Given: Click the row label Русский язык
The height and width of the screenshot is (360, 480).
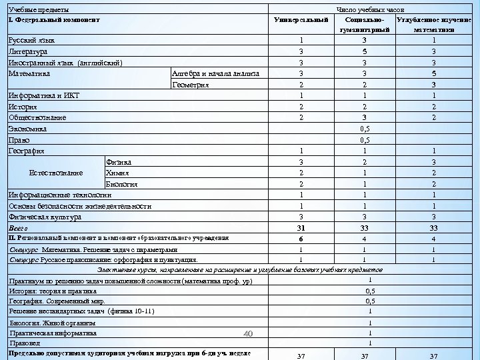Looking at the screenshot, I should click(x=31, y=40).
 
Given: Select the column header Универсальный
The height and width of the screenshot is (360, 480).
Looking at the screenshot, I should click(x=301, y=20).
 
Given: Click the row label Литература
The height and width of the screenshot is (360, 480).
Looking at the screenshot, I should click(x=27, y=51).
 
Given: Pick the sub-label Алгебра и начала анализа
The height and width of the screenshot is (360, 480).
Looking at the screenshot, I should click(x=216, y=73).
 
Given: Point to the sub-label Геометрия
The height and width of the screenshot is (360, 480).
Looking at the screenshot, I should click(x=191, y=85).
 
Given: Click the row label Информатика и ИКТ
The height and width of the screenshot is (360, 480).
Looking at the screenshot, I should click(x=43, y=96).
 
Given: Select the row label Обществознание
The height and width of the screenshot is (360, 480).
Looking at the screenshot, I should click(x=37, y=118).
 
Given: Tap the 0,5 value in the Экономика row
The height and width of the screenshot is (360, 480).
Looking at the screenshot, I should click(x=365, y=129).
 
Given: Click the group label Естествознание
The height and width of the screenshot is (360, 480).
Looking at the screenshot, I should click(x=56, y=173).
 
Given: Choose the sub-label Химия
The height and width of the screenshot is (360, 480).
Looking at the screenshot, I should click(x=117, y=173).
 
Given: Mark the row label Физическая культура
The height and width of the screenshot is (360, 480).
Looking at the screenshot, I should click(x=45, y=217).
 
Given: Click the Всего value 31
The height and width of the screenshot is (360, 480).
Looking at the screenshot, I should click(x=301, y=228).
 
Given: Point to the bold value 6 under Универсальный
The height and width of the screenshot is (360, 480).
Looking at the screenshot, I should click(x=301, y=239).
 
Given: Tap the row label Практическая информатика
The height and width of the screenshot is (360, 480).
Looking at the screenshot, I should click(x=52, y=333).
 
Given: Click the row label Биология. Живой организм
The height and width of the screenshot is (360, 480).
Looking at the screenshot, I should click(x=52, y=323).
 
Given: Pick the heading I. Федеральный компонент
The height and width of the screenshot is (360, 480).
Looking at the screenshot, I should click(x=53, y=20).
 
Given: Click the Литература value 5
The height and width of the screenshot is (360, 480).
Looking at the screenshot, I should click(x=365, y=51).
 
